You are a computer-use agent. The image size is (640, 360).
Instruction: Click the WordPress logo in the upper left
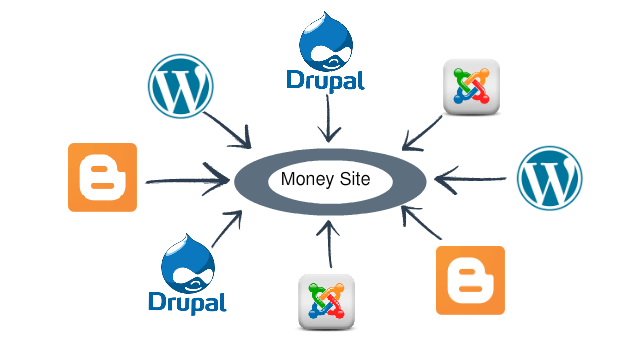click(x=181, y=87)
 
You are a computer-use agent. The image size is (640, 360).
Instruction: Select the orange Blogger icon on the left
click(x=102, y=177)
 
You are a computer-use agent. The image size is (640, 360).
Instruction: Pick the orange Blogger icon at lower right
click(x=470, y=280)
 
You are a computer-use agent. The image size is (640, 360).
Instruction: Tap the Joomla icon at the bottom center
click(x=328, y=303)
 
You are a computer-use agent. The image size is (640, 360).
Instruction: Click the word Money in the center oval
click(x=304, y=181)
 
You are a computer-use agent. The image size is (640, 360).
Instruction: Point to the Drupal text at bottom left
click(x=187, y=301)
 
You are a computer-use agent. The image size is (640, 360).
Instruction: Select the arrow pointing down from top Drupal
click(x=322, y=120)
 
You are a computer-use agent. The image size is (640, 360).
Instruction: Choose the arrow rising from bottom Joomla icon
click(x=323, y=244)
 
